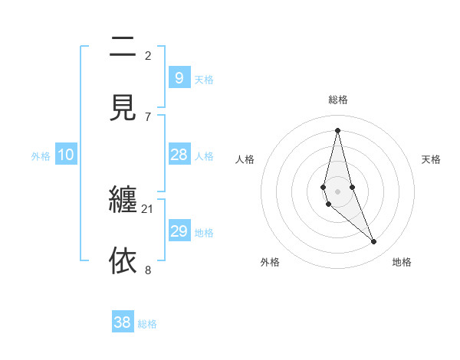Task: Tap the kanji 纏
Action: click(123, 201)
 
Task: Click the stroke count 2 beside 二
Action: click(148, 55)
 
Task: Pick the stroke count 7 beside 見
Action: click(148, 116)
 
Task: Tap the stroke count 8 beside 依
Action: click(148, 270)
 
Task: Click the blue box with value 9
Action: click(179, 77)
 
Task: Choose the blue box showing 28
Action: click(179, 155)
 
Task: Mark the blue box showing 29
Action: click(179, 231)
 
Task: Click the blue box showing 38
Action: click(123, 322)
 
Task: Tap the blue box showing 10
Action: click(66, 155)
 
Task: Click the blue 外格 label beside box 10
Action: click(41, 156)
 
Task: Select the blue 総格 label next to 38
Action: click(147, 324)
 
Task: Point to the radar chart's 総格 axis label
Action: click(338, 100)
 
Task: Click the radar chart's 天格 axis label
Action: click(432, 159)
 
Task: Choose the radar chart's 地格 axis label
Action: click(402, 262)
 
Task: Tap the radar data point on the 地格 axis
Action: click(374, 242)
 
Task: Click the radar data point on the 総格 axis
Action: click(338, 130)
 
